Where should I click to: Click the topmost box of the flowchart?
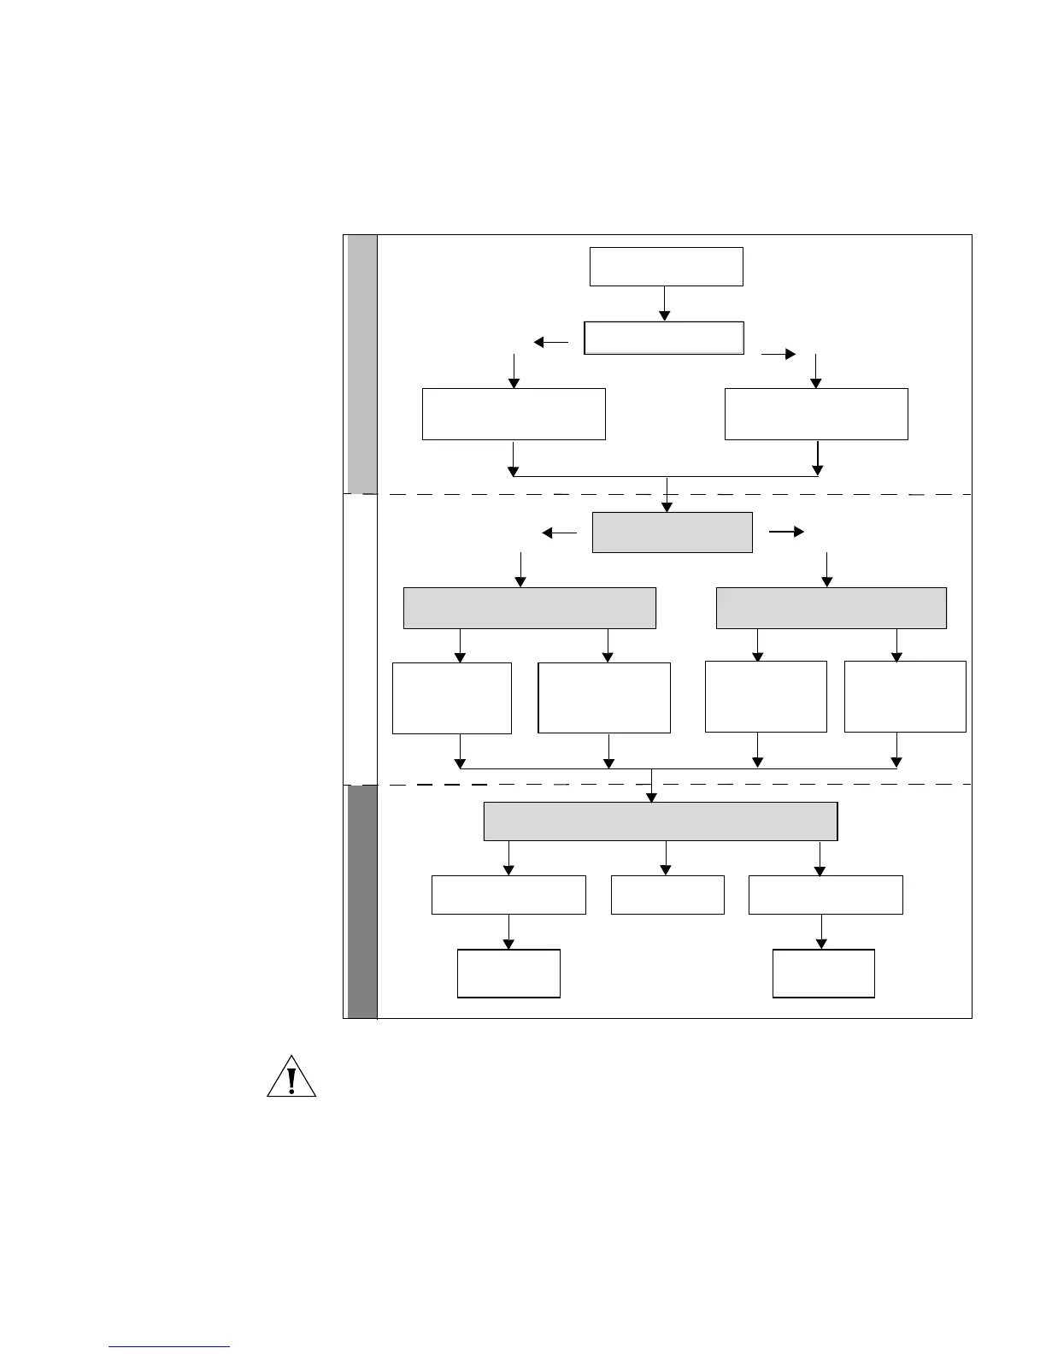coord(666,267)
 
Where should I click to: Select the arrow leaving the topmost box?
coord(664,303)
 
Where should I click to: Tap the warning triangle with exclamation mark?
coord(291,1077)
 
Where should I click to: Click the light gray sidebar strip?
coord(362,363)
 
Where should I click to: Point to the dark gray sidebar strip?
coord(362,901)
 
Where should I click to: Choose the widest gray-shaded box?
coord(660,821)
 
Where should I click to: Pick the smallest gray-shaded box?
coord(672,533)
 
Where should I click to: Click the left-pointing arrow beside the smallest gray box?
coord(560,533)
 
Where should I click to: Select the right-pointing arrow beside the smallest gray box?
coord(786,533)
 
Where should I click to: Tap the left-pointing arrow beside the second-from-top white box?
coord(550,343)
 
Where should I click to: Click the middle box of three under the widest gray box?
coord(667,895)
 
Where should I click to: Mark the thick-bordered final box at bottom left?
coord(508,974)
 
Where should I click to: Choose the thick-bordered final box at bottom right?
coord(823,974)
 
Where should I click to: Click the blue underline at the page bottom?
coord(169,1347)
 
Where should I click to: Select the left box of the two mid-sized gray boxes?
coord(529,608)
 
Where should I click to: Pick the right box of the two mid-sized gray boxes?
coord(831,608)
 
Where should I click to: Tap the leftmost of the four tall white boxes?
coord(451,698)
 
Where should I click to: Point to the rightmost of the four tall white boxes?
coord(905,696)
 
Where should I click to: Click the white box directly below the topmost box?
coord(664,338)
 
